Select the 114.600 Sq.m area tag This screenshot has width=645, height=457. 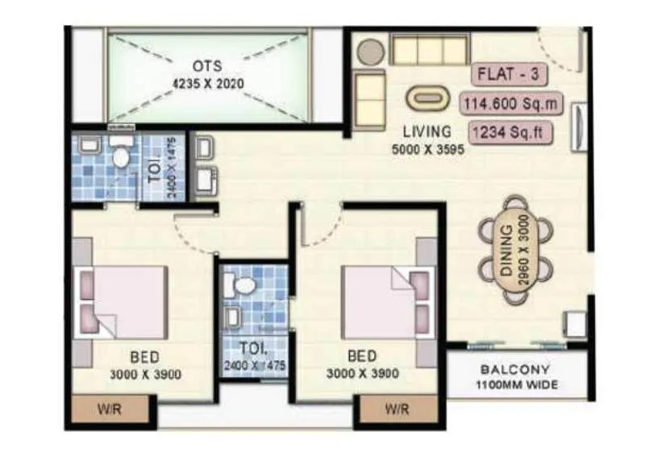point(511,103)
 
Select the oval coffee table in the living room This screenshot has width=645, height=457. point(427,98)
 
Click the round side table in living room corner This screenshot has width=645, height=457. point(371,52)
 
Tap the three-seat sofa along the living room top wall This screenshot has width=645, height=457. point(429,49)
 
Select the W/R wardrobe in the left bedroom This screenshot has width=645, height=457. point(110,409)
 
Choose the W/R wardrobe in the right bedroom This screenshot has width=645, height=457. point(397,409)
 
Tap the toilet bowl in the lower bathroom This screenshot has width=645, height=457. point(243,286)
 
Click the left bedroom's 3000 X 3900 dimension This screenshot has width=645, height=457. point(146,374)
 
